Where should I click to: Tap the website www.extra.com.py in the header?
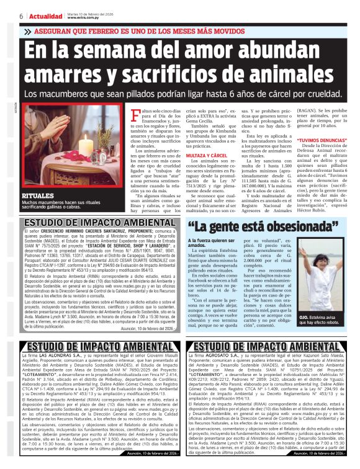click(x=89, y=18)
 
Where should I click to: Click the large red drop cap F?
click(x=132, y=113)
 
